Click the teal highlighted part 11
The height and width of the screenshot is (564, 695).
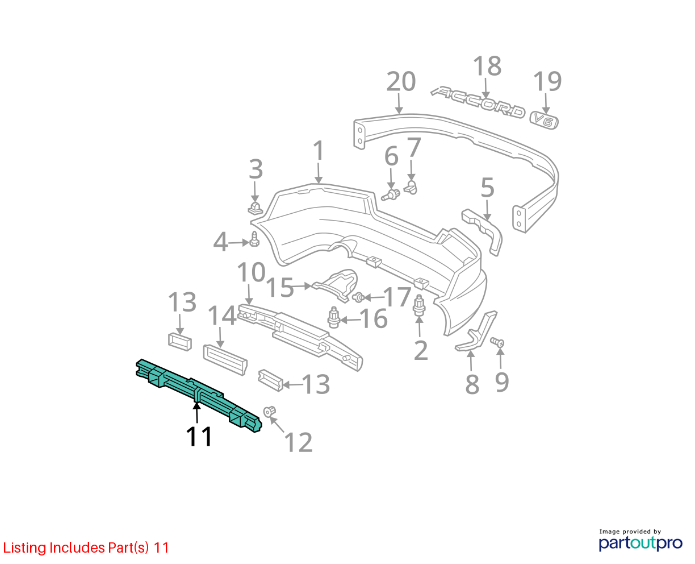coord(196,393)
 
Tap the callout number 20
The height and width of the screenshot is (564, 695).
coord(401,81)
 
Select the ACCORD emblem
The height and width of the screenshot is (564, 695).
coord(478,102)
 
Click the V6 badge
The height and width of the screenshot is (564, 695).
coord(544,121)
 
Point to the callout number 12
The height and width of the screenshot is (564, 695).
coord(298,442)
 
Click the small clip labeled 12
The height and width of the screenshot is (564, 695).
coord(269,412)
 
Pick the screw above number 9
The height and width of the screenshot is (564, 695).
coord(497,342)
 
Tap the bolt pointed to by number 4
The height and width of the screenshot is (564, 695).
coord(254,239)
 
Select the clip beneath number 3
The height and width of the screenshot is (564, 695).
coord(255,209)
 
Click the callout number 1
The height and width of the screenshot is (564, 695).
coord(319,151)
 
